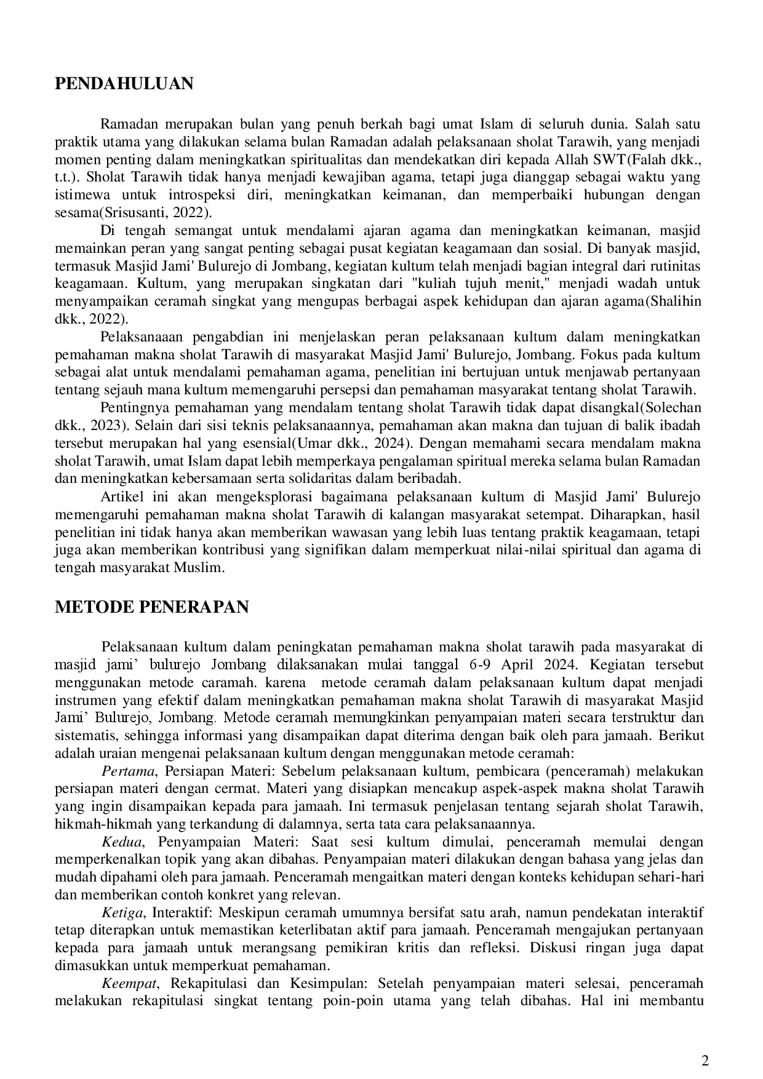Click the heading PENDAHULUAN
[x=124, y=84]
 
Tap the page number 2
[x=705, y=1061]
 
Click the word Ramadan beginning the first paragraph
[x=127, y=125]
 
